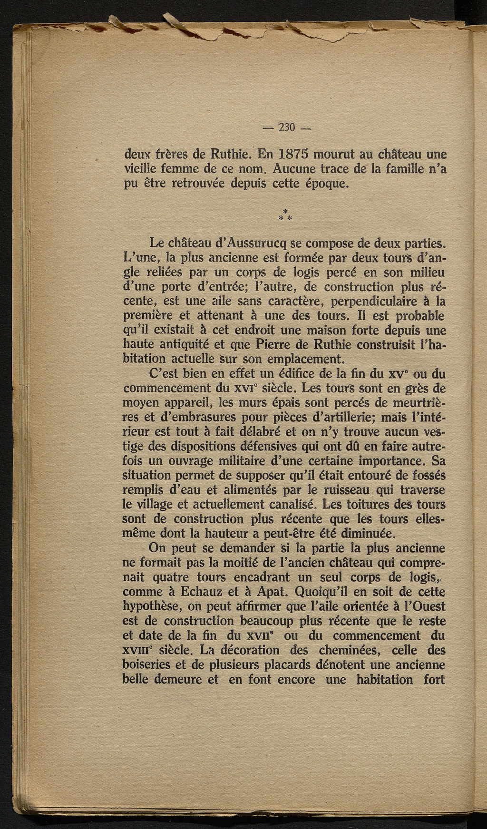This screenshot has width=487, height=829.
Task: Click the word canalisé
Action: point(252,504)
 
